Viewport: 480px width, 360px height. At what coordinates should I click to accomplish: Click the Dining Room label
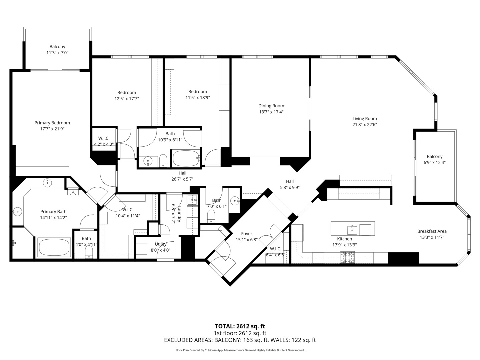pyautogui.click(x=271, y=106)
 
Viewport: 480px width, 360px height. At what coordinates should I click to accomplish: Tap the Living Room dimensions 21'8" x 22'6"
pyautogui.click(x=365, y=125)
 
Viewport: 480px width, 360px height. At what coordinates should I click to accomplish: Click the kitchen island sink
pyautogui.click(x=352, y=230)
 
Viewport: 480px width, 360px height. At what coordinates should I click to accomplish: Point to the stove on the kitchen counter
pyautogui.click(x=347, y=258)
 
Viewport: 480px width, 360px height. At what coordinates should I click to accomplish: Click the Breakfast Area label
pyautogui.click(x=432, y=231)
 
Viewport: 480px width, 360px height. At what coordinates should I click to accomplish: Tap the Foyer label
pyautogui.click(x=247, y=234)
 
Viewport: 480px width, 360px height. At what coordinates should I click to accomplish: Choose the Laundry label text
pyautogui.click(x=179, y=214)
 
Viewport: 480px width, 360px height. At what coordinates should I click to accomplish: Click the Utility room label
pyautogui.click(x=161, y=244)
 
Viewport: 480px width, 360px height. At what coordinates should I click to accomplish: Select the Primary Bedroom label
pyautogui.click(x=52, y=123)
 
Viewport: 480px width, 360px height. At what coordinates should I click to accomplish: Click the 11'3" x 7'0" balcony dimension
pyautogui.click(x=57, y=53)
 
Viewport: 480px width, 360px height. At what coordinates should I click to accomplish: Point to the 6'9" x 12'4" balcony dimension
pyautogui.click(x=435, y=163)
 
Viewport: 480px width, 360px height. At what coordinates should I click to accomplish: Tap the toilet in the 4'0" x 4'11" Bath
pyautogui.click(x=89, y=252)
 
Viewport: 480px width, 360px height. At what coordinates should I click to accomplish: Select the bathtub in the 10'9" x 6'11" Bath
pyautogui.click(x=186, y=158)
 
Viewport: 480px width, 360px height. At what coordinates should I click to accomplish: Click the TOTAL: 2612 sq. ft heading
pyautogui.click(x=240, y=326)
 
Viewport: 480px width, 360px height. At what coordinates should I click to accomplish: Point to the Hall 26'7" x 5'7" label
pyautogui.click(x=182, y=176)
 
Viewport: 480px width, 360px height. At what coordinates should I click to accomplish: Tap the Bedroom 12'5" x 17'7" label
pyautogui.click(x=127, y=96)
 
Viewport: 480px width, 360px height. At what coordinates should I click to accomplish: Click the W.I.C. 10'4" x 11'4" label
pyautogui.click(x=128, y=213)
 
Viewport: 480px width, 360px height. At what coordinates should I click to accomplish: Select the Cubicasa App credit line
pyautogui.click(x=240, y=350)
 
